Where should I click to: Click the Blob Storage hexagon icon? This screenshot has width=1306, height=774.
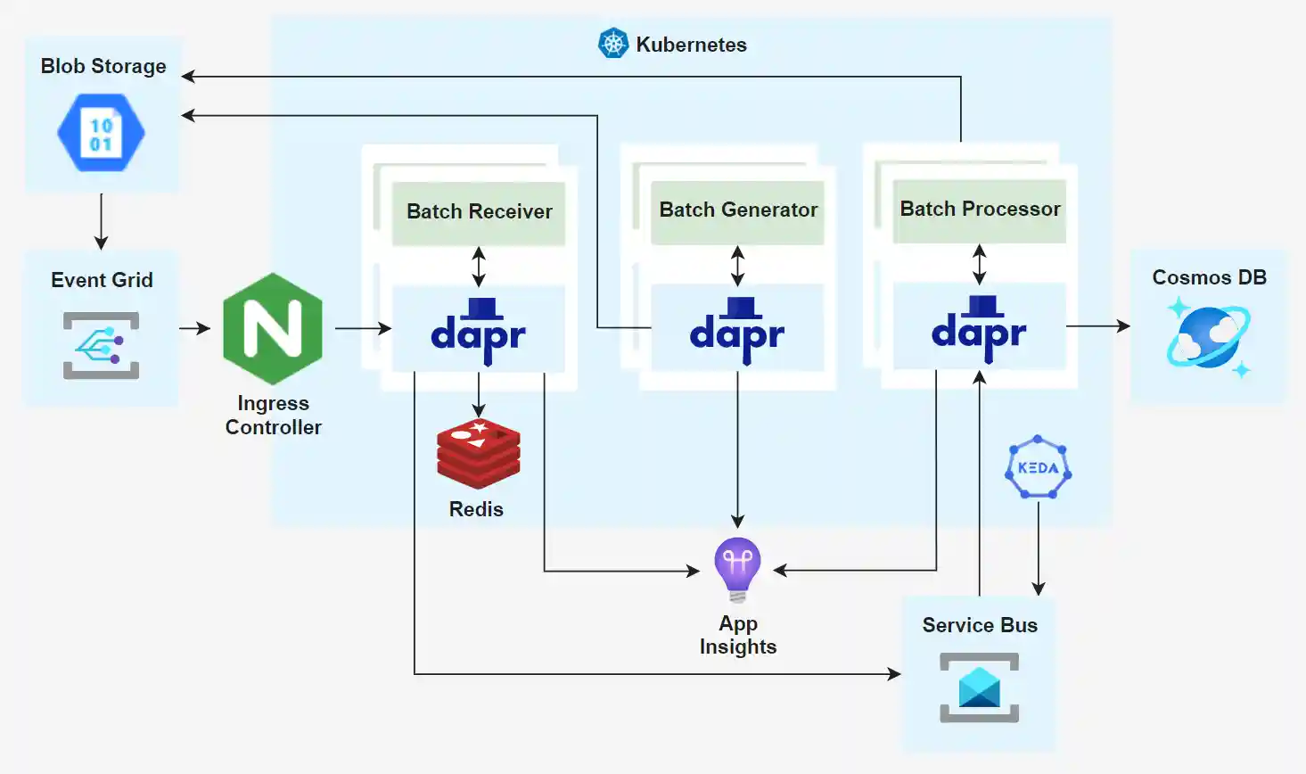(x=101, y=134)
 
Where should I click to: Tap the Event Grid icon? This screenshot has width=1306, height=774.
(x=101, y=345)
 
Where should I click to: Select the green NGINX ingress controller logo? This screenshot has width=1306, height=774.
(x=273, y=329)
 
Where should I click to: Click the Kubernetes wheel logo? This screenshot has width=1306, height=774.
(x=613, y=43)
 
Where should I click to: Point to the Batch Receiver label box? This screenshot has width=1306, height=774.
(x=479, y=212)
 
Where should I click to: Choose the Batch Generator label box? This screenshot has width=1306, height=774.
(x=737, y=210)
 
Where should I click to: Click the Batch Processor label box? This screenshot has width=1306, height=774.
(x=980, y=210)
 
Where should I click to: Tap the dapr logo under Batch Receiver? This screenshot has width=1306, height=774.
(x=479, y=331)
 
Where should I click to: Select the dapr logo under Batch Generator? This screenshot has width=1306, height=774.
(x=737, y=330)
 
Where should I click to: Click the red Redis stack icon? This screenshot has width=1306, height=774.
(x=479, y=453)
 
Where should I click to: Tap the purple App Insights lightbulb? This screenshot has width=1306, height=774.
(x=737, y=569)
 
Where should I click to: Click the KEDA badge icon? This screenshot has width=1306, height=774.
(x=1038, y=467)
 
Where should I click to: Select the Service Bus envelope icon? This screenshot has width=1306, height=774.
(x=979, y=688)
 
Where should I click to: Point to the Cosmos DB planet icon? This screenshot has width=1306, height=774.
(x=1209, y=337)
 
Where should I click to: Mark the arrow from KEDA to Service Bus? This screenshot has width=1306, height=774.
(x=1038, y=548)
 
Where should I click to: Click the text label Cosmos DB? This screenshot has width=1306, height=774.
(x=1209, y=277)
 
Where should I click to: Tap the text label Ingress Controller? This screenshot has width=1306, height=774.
(x=273, y=416)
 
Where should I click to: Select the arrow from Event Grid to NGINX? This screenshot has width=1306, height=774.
(x=194, y=328)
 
